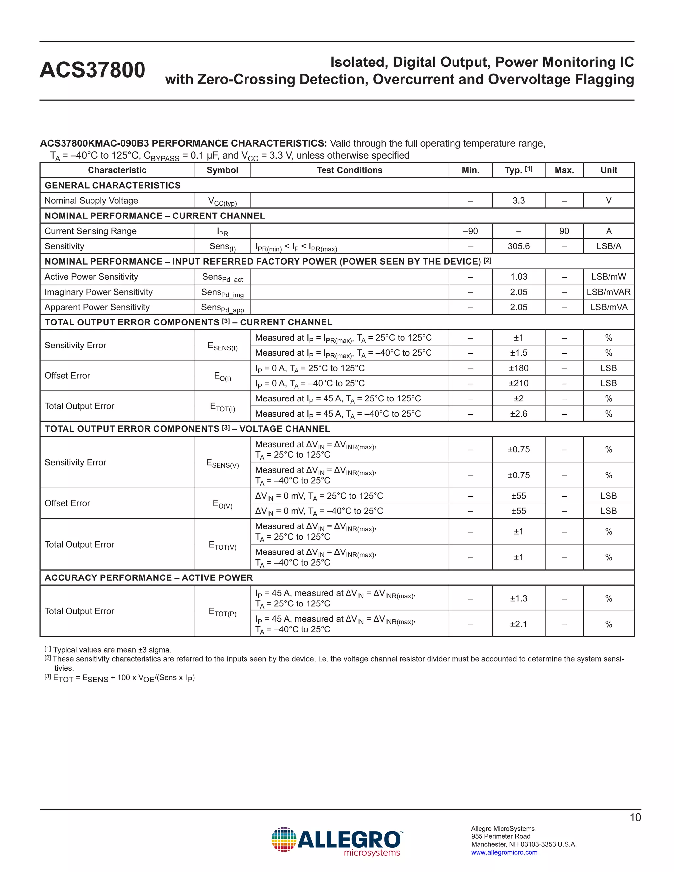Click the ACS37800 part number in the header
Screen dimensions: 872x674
pyautogui.click(x=92, y=70)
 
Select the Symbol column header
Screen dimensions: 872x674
pyautogui.click(x=222, y=170)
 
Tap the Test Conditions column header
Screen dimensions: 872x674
pyautogui.click(x=350, y=170)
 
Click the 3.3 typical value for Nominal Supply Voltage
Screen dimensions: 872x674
pyautogui.click(x=518, y=200)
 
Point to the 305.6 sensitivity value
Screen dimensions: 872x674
pyautogui.click(x=518, y=246)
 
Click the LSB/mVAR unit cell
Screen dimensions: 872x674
pyautogui.click(x=608, y=292)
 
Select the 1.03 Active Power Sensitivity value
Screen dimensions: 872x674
pyautogui.click(x=518, y=277)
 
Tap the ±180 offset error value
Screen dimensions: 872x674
pyautogui.click(x=518, y=368)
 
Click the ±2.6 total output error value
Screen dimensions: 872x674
pyautogui.click(x=518, y=414)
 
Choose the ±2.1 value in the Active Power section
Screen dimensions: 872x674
pyautogui.click(x=518, y=624)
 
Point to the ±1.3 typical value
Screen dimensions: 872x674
pyautogui.click(x=518, y=598)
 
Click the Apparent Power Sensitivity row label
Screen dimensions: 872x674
pyautogui.click(x=97, y=307)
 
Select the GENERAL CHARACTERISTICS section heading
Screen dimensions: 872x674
pyautogui.click(x=113, y=185)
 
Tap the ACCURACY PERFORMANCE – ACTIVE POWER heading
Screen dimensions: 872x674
pyautogui.click(x=148, y=578)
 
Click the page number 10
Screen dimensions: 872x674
pyautogui.click(x=635, y=818)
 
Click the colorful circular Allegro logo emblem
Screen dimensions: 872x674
pyautogui.click(x=283, y=840)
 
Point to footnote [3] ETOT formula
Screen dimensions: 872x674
pyautogui.click(x=120, y=678)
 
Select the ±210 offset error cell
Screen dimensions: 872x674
pyautogui.click(x=518, y=383)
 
